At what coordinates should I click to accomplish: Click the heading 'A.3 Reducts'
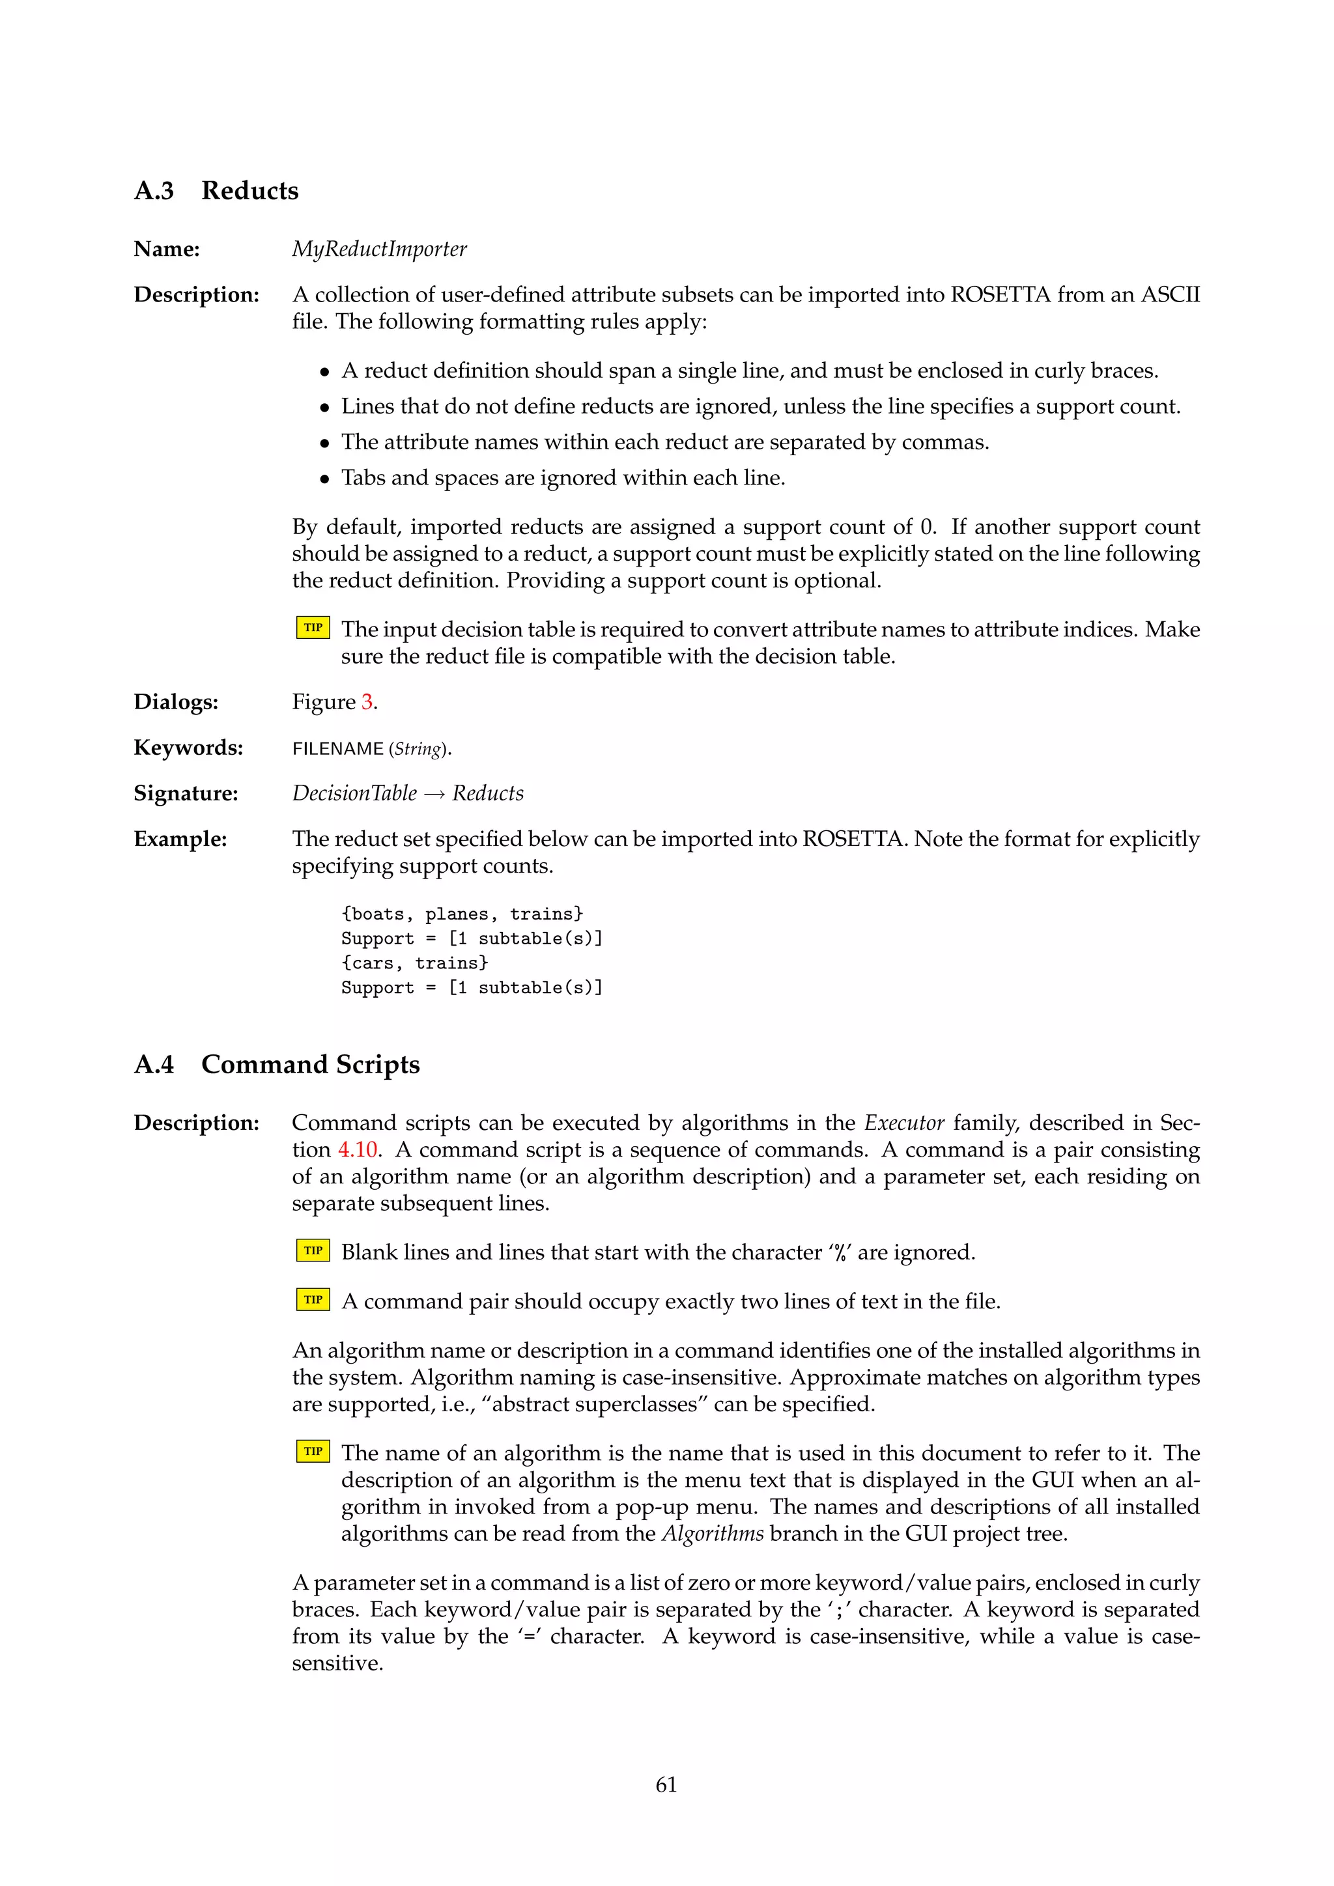click(x=216, y=191)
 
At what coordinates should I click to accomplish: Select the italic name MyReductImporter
click(x=380, y=249)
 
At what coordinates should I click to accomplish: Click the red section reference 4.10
click(x=358, y=1149)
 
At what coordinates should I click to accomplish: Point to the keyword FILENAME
click(x=337, y=749)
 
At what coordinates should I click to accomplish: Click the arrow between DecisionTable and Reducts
click(x=434, y=795)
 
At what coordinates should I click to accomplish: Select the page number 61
click(x=666, y=1784)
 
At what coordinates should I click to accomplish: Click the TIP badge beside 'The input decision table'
click(x=313, y=628)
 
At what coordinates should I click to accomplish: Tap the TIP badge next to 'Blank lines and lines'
click(x=313, y=1251)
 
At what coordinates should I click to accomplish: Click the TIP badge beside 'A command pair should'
click(x=313, y=1299)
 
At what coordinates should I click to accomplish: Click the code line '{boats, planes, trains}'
click(x=462, y=914)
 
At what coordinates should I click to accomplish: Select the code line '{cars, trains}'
click(x=415, y=963)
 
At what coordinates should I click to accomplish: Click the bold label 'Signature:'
click(x=186, y=793)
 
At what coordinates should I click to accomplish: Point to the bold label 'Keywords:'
click(x=188, y=748)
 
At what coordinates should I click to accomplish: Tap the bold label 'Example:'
click(x=180, y=839)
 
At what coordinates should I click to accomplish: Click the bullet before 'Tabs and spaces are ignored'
click(x=325, y=479)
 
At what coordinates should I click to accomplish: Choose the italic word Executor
click(x=903, y=1123)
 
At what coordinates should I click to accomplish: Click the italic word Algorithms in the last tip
click(x=712, y=1534)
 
